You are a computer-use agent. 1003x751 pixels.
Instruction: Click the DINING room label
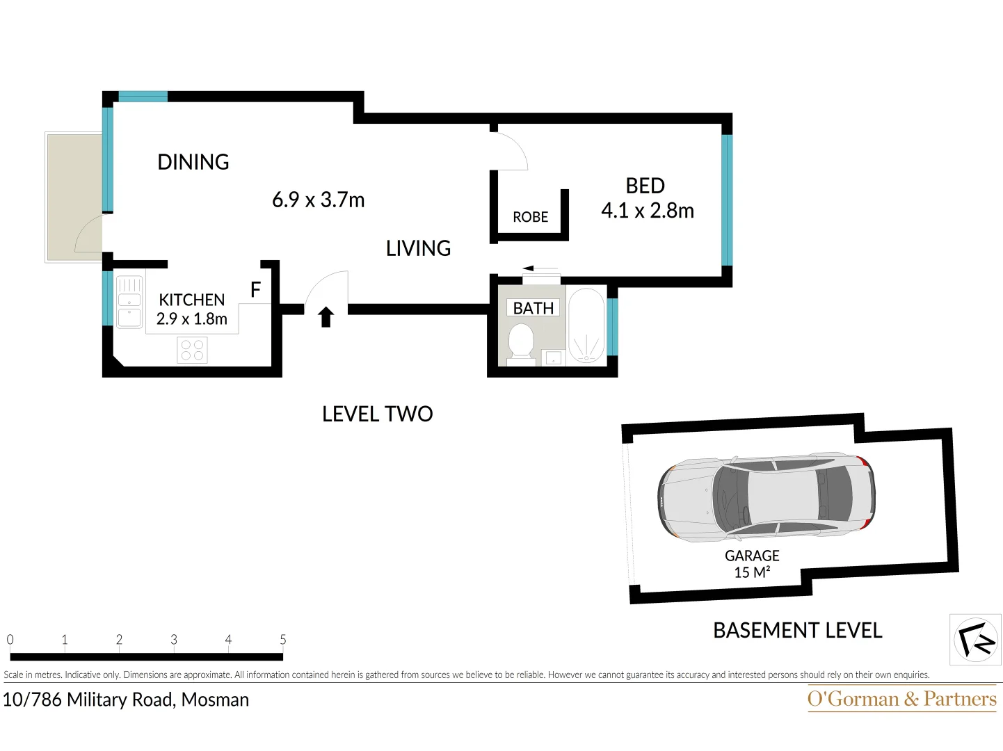click(x=193, y=162)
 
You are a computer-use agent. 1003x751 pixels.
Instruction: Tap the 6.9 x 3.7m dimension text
click(x=318, y=200)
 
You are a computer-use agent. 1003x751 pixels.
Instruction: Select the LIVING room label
click(x=418, y=248)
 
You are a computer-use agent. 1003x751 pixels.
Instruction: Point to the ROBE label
click(x=530, y=217)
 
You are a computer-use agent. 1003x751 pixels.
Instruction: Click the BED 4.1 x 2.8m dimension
click(x=647, y=211)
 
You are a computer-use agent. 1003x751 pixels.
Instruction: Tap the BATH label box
click(x=533, y=308)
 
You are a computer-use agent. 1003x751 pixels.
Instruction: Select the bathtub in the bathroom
click(x=586, y=325)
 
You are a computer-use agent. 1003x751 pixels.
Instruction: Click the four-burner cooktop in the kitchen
click(x=192, y=350)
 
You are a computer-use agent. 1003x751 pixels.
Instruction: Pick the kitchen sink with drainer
click(x=129, y=302)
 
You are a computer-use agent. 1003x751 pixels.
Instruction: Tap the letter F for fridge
click(x=255, y=290)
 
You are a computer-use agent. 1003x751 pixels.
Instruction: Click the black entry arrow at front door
click(x=326, y=317)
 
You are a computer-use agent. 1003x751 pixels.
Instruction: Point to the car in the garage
click(x=766, y=497)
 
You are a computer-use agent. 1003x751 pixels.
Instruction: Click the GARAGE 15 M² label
click(x=752, y=564)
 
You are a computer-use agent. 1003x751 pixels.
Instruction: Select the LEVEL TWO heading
click(x=377, y=414)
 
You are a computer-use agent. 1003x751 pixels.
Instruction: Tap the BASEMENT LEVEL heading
click(x=797, y=631)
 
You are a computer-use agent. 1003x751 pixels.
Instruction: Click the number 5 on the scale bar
click(x=282, y=639)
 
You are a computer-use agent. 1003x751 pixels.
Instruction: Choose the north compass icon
click(x=975, y=639)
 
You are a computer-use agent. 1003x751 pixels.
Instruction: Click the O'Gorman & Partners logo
click(x=901, y=698)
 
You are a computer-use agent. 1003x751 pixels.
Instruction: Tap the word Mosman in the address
click(x=215, y=700)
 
